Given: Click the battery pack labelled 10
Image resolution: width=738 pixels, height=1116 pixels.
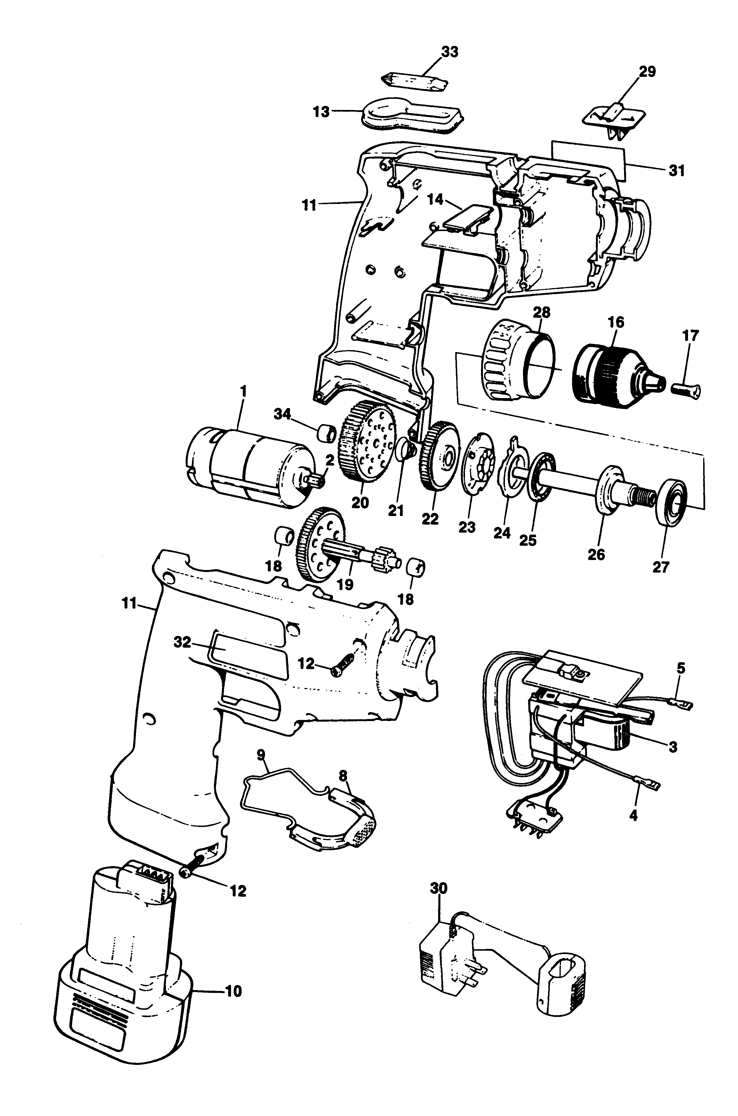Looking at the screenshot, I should (x=122, y=979).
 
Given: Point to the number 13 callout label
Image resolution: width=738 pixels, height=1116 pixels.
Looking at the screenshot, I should (x=322, y=113).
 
